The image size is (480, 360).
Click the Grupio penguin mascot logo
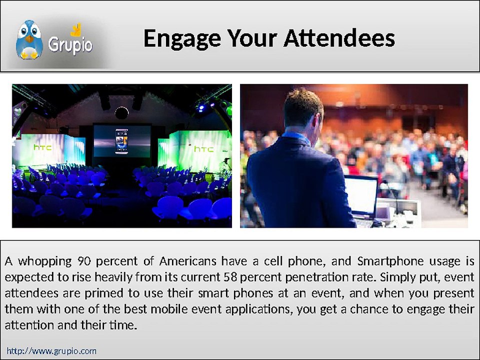(x=29, y=40)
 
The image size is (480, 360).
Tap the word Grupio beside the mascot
(x=70, y=44)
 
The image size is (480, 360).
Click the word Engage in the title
(x=181, y=38)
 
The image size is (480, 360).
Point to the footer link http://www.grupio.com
(x=51, y=351)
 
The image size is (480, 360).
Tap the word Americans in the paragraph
(x=188, y=261)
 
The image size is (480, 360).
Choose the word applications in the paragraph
(x=257, y=309)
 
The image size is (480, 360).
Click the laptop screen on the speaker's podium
(x=361, y=194)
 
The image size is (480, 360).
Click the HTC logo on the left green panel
(x=43, y=147)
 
